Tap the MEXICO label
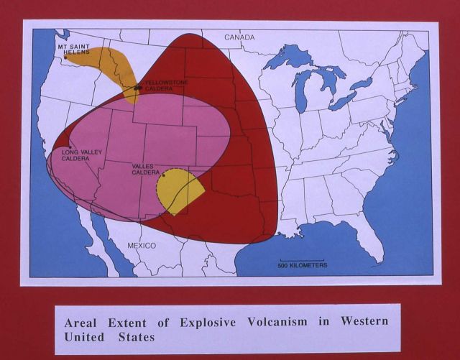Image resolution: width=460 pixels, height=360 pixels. click(142, 246)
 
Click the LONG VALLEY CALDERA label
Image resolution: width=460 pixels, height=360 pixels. click(75, 155)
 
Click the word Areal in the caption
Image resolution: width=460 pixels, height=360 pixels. click(83, 321)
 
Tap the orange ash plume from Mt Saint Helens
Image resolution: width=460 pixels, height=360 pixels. click(115, 63)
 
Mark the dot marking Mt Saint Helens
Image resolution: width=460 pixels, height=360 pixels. click(66, 57)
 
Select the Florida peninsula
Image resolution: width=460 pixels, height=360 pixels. click(374, 244)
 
